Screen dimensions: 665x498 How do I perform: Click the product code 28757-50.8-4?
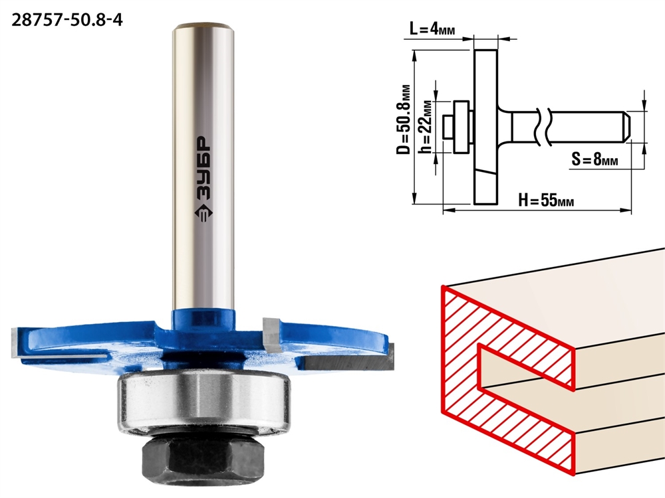67,20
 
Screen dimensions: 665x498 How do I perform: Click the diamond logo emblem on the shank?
203,213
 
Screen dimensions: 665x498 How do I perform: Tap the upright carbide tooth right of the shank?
271,334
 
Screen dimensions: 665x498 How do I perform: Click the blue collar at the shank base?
203,320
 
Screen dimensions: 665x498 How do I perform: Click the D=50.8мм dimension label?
404,120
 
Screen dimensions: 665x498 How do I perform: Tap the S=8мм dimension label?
595,159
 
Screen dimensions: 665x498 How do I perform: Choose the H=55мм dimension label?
546,200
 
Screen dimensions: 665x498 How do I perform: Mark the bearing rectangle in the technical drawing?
461,127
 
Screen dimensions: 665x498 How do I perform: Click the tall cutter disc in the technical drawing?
485,127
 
